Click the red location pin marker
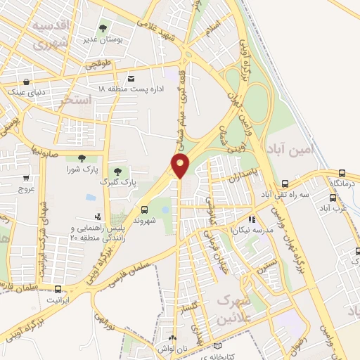pos(181,166)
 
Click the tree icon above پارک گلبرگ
pos(117,171)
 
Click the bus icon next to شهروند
pos(145,209)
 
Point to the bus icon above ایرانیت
pos(57,289)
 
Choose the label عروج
pos(26,189)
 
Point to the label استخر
pos(77,101)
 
